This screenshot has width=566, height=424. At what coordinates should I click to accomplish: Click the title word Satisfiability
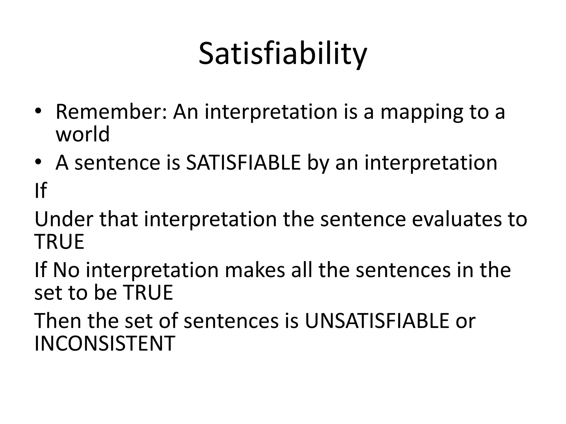click(283, 54)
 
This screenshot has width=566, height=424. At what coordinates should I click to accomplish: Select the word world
click(82, 134)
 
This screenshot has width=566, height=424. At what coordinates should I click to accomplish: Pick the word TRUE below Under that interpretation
click(59, 242)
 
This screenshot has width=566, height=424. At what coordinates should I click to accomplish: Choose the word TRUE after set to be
click(148, 292)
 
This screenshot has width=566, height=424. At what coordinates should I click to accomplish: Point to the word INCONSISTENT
click(104, 343)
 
